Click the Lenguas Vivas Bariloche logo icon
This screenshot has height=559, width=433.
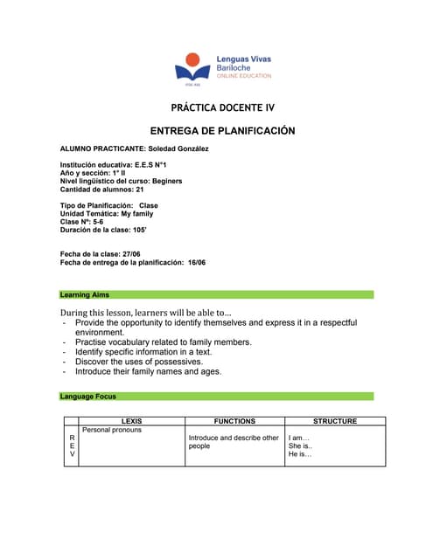192,68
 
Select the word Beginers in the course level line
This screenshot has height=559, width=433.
185,181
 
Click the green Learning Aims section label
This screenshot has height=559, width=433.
85,294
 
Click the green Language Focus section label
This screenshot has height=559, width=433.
88,397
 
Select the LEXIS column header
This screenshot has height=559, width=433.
132,421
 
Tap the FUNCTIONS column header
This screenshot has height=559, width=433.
234,421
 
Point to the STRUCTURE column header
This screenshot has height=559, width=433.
334,421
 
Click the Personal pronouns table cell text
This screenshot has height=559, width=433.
111,430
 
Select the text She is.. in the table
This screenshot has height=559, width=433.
300,446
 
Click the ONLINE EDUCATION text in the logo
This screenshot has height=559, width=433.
244,76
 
